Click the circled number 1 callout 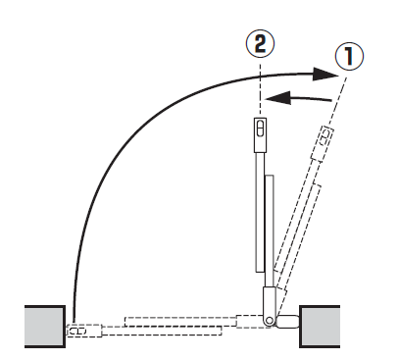pyautogui.click(x=349, y=56)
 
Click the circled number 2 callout pyautogui.click(x=260, y=43)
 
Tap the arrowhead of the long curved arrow pyautogui.click(x=324, y=75)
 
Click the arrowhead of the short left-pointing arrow pyautogui.click(x=278, y=98)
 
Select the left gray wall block pyautogui.click(x=45, y=327)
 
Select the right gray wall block pyautogui.click(x=320, y=327)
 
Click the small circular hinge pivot pyautogui.click(x=270, y=321)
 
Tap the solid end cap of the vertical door pyautogui.click(x=260, y=135)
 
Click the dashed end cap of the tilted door pyautogui.click(x=323, y=143)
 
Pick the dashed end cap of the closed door pyautogui.click(x=84, y=331)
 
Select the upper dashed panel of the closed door pyautogui.click(x=180, y=321)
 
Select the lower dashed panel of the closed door pyautogui.click(x=162, y=331)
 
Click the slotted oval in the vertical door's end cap pyautogui.click(x=260, y=128)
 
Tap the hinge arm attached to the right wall pyautogui.click(x=287, y=322)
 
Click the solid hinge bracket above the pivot pyautogui.click(x=270, y=302)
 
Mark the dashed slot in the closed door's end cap pyautogui.click(x=78, y=331)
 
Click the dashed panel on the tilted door pyautogui.click(x=297, y=229)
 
